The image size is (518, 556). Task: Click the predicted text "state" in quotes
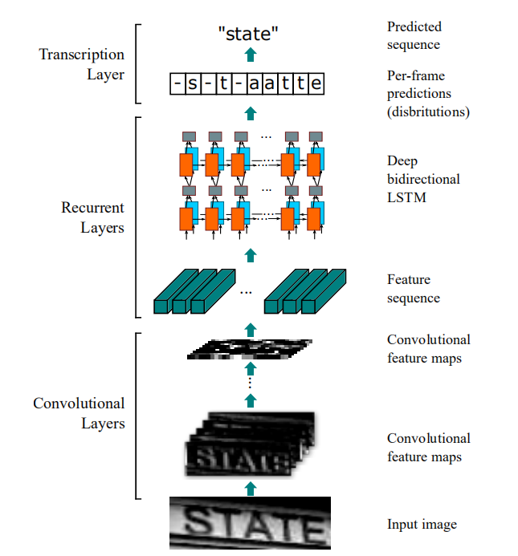(248, 34)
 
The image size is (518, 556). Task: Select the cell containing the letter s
(193, 83)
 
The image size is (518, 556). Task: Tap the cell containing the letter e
(316, 83)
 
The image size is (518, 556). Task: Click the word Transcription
(82, 55)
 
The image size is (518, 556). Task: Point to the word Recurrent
(92, 208)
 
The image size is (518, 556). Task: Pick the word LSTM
(406, 197)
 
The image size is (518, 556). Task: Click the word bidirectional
(423, 179)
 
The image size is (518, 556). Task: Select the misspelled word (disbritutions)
(428, 112)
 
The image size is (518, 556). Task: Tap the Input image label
(422, 524)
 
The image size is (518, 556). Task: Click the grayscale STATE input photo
(250, 523)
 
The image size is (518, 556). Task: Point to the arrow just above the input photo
(251, 489)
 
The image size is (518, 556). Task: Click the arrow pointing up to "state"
(251, 55)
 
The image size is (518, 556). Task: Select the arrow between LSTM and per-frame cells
(251, 113)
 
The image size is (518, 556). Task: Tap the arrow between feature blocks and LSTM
(251, 255)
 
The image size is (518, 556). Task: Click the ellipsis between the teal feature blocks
(246, 293)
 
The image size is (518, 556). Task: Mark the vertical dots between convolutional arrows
(251, 382)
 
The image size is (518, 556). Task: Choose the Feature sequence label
(414, 289)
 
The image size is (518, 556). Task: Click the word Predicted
(414, 26)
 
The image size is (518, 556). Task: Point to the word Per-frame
(416, 75)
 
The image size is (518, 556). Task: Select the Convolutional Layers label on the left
(79, 413)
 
